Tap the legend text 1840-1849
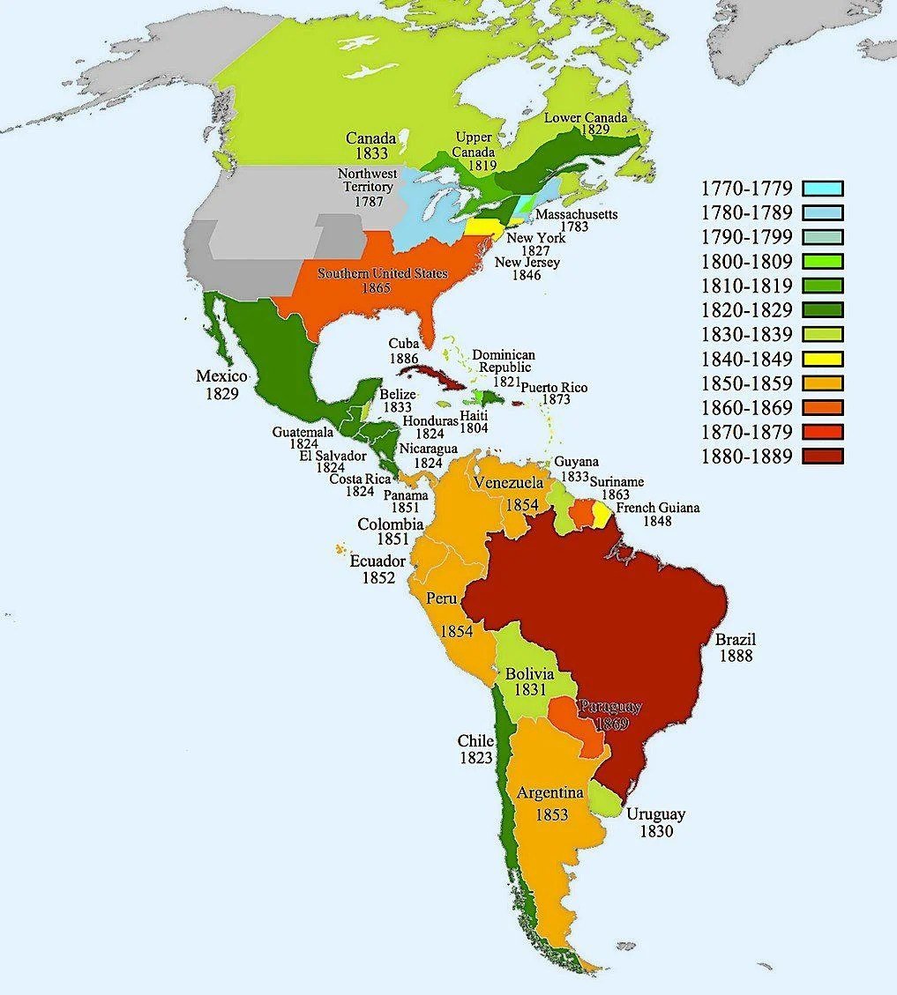pyautogui.click(x=747, y=359)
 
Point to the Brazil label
pyautogui.click(x=735, y=640)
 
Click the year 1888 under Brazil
pyautogui.click(x=735, y=656)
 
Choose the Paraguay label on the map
pyautogui.click(x=609, y=708)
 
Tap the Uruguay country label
pyautogui.click(x=655, y=814)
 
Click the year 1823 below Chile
pyautogui.click(x=475, y=757)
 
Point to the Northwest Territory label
pyautogui.click(x=367, y=181)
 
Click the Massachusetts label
pyautogui.click(x=576, y=214)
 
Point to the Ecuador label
pyautogui.click(x=377, y=561)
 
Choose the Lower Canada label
pyautogui.click(x=586, y=117)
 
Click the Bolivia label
pyautogui.click(x=529, y=674)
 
